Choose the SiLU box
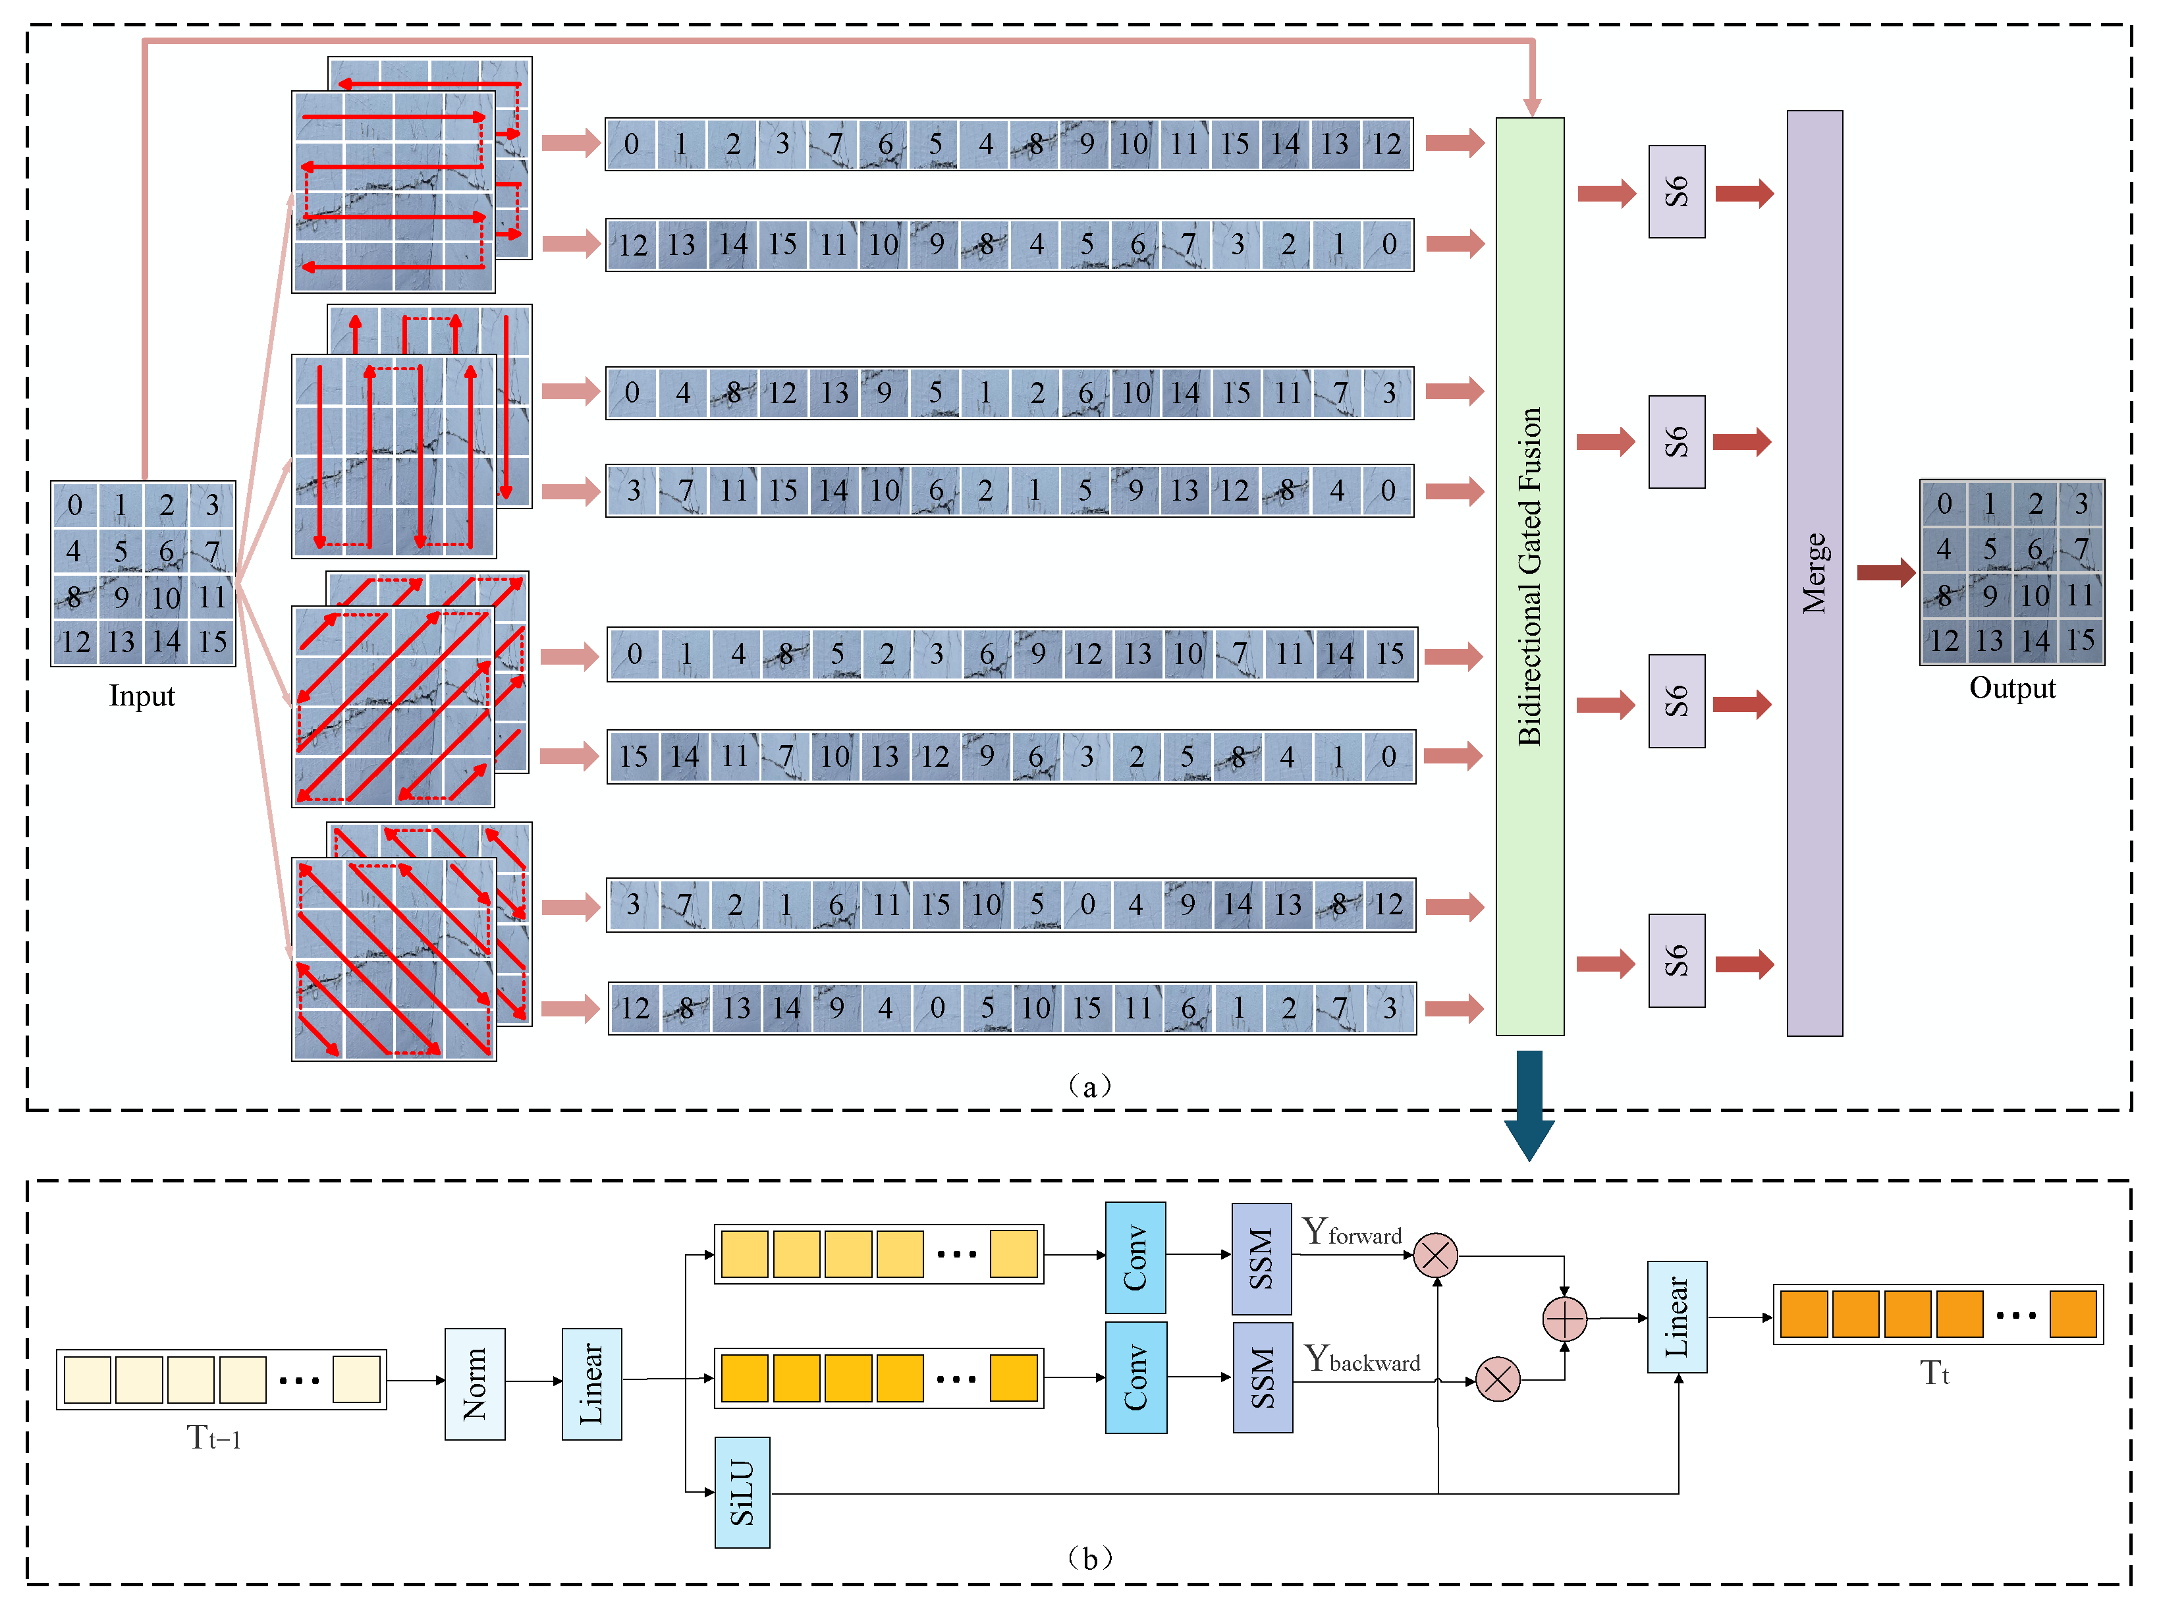coord(742,1491)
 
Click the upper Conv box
coord(1135,1258)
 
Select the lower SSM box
coord(1262,1377)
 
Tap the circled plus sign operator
coord(1564,1319)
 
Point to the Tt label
coord(1934,1373)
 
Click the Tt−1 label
coord(213,1437)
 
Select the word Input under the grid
coord(142,696)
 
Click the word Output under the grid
coord(2011,688)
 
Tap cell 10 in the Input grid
coord(166,597)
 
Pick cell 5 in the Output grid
coord(1989,549)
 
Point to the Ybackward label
coord(1361,1358)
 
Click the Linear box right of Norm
coord(591,1383)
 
